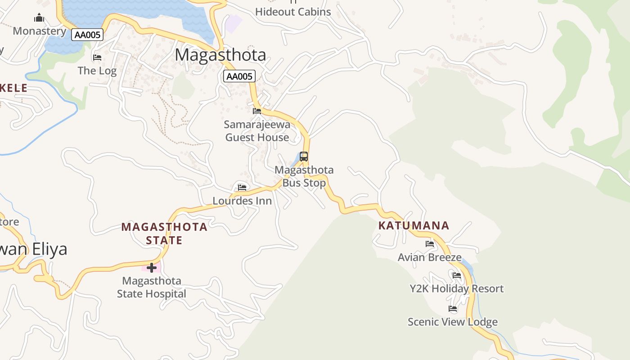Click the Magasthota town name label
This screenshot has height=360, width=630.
pyautogui.click(x=220, y=55)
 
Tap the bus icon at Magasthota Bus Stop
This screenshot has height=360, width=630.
pyautogui.click(x=304, y=157)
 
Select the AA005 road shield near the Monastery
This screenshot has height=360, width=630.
pyautogui.click(x=87, y=35)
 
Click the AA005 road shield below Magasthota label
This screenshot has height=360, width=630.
pyautogui.click(x=239, y=76)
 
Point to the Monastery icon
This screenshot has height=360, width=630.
pyautogui.click(x=40, y=18)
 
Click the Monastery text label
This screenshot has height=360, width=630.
pyautogui.click(x=40, y=31)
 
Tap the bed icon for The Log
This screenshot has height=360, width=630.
pyautogui.click(x=97, y=58)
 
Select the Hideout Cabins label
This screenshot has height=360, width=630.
pyautogui.click(x=293, y=12)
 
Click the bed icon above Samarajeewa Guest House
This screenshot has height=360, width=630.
pyautogui.click(x=257, y=111)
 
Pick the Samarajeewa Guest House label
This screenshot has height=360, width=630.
pyautogui.click(x=257, y=131)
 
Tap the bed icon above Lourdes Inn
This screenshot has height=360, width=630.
pyautogui.click(x=242, y=187)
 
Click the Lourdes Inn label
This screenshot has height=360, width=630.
pyautogui.click(x=242, y=201)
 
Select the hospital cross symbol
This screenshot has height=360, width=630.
pyautogui.click(x=152, y=268)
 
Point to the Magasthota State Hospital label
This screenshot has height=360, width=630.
pyautogui.click(x=152, y=287)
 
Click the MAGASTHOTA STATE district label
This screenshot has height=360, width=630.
pyautogui.click(x=164, y=233)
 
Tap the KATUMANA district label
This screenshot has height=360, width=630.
pyautogui.click(x=414, y=225)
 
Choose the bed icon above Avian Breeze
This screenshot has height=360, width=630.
pyautogui.click(x=430, y=244)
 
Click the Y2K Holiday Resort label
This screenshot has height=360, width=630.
pyautogui.click(x=456, y=288)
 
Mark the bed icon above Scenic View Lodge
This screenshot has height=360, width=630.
pyautogui.click(x=453, y=309)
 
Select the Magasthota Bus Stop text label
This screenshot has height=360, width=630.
pyautogui.click(x=304, y=176)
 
